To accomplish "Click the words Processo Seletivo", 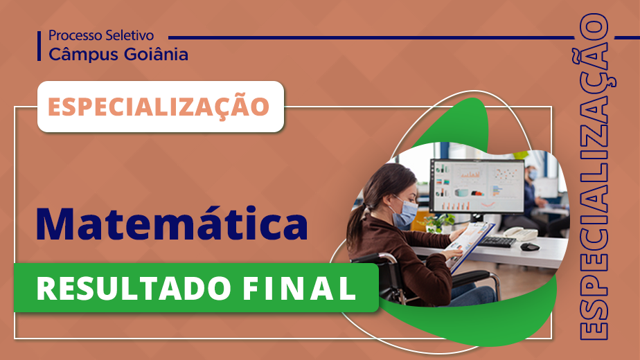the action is (x=101, y=35).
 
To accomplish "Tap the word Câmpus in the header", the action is (x=83, y=54).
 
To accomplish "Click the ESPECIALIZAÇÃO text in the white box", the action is (x=159, y=106).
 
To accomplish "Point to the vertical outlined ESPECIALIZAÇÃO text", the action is (x=595, y=177).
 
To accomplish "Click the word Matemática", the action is (x=172, y=224).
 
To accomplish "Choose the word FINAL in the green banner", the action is (x=299, y=289).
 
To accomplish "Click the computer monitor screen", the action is (x=477, y=186).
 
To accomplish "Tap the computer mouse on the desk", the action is (x=530, y=246).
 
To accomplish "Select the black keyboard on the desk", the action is (x=496, y=241).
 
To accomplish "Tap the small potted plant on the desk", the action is (x=438, y=223).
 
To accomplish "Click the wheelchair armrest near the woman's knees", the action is (x=470, y=278).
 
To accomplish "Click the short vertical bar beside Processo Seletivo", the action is (x=39, y=46).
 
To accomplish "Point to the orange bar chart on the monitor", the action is (x=470, y=174).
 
